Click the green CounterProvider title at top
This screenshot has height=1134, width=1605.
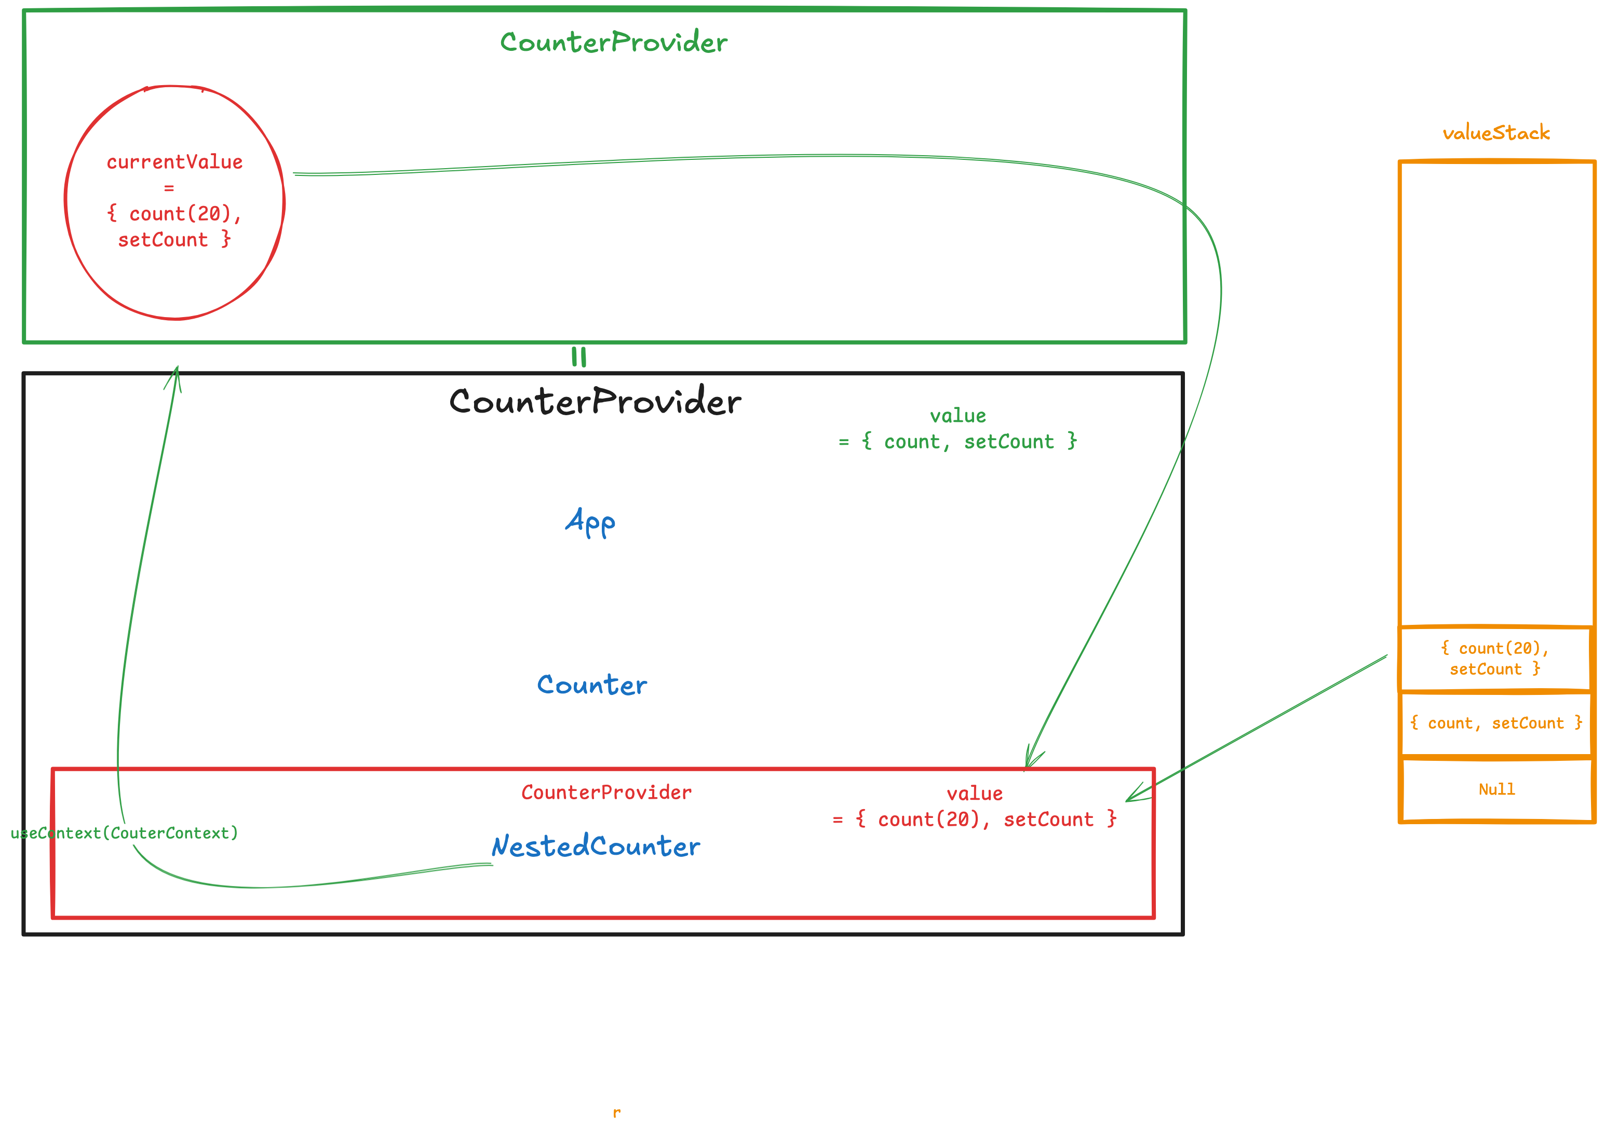614,42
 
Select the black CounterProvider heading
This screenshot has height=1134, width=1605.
595,401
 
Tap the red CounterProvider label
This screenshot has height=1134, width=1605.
606,793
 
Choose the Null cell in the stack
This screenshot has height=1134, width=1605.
1496,789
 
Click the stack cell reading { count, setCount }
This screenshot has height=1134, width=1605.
1496,723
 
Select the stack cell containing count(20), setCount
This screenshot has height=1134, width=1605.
1496,659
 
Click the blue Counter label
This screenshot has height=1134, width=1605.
592,685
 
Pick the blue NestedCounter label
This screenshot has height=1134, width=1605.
596,846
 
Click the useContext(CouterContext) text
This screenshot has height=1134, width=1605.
125,833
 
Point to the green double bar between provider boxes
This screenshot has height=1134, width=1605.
579,357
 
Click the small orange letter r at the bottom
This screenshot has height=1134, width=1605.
616,1112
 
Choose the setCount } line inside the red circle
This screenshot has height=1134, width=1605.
174,240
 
